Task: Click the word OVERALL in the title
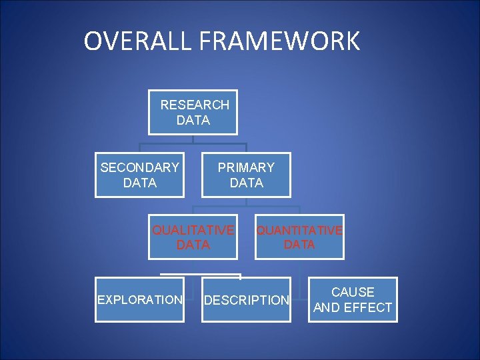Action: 137,41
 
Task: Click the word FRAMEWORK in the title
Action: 279,41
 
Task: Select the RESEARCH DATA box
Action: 193,112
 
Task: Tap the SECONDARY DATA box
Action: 139,175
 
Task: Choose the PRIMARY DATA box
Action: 246,175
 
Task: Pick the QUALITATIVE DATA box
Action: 193,237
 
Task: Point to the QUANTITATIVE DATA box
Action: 299,237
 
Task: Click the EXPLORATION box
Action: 139,300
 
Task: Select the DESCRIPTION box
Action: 246,300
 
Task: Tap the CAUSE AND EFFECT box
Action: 353,300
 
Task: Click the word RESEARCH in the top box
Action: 195,105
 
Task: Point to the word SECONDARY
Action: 139,167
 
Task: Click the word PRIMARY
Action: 246,167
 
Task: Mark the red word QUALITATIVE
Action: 193,231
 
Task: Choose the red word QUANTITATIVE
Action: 299,231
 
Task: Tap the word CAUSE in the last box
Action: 353,292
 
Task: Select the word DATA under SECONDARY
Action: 140,183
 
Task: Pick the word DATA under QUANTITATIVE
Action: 299,245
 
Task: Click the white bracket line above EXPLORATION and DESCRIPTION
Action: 200,274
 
